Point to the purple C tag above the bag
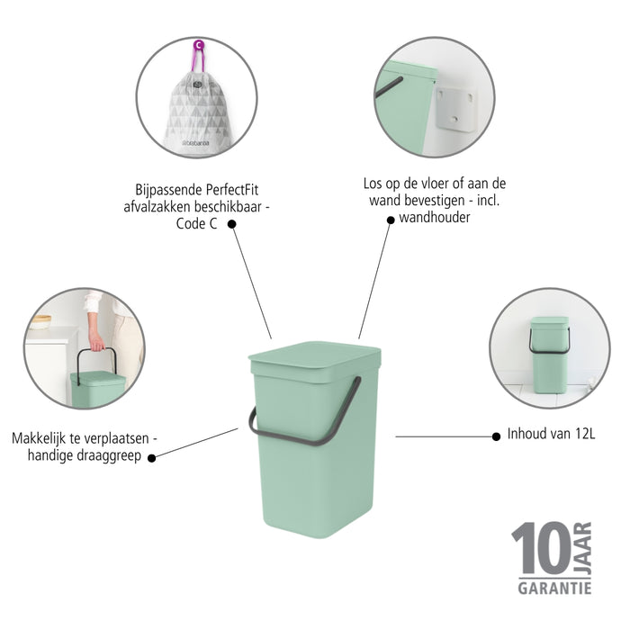pyautogui.click(x=198, y=44)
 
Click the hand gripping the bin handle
pyautogui.click(x=95, y=342)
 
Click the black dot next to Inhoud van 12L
pyautogui.click(x=495, y=436)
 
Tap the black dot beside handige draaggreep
pyautogui.click(x=151, y=457)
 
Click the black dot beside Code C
pyautogui.click(x=231, y=224)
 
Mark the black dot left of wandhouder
pyautogui.click(x=390, y=219)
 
